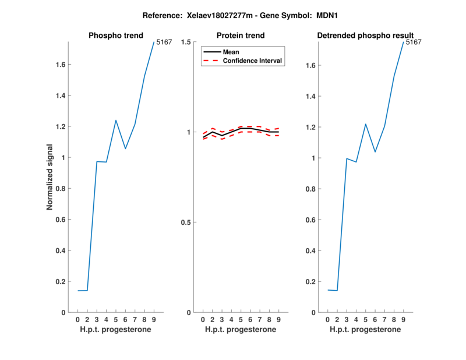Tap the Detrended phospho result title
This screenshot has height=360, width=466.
pos(365,36)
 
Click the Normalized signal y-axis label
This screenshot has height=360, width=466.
pos(50,177)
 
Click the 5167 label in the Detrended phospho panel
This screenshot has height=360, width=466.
pos(413,42)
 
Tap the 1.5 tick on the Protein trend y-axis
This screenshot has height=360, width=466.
pos(187,42)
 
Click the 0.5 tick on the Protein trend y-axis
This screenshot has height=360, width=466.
pos(187,223)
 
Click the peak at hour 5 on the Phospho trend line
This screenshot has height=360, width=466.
pos(116,121)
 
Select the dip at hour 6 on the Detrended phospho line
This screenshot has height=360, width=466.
pos(375,152)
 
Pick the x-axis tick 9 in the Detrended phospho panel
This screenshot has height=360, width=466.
pos(404,320)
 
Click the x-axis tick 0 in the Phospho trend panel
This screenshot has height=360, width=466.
pos(77,320)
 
